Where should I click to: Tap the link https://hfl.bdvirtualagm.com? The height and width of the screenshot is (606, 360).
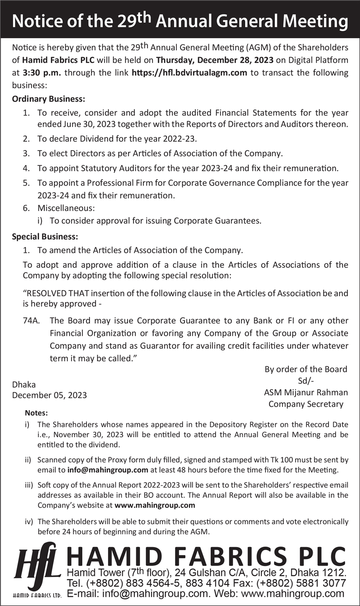(x=189, y=73)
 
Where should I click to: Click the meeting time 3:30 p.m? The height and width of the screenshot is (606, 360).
(x=39, y=73)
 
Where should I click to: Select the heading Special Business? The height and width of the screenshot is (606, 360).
(x=45, y=236)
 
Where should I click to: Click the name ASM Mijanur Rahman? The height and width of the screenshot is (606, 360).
(x=306, y=392)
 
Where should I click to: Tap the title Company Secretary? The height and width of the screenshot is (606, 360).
(x=306, y=404)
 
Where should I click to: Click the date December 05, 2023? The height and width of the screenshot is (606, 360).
(x=49, y=395)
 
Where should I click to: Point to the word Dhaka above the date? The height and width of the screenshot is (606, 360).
(x=24, y=384)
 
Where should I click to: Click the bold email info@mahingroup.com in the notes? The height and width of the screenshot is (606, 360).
(x=108, y=470)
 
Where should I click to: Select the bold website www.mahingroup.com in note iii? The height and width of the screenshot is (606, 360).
(x=155, y=505)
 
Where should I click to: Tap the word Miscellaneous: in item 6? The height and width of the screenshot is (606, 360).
(x=66, y=208)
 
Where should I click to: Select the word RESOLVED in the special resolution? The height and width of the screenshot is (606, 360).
(x=47, y=293)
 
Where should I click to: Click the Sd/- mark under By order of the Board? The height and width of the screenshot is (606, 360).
(x=306, y=380)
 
